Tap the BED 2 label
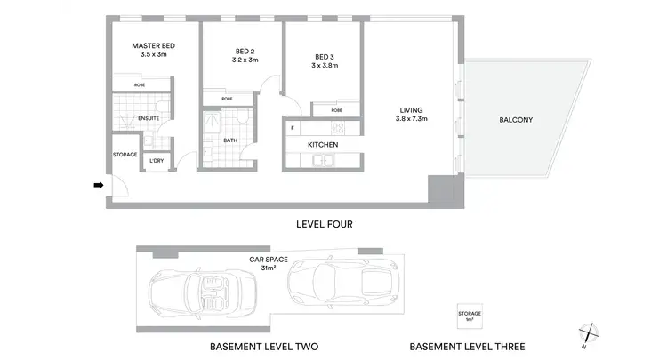pyautogui.click(x=245, y=52)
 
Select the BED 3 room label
pyautogui.click(x=325, y=52)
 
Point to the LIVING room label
pyautogui.click(x=412, y=112)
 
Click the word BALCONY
pyautogui.click(x=516, y=120)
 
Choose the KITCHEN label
pyautogui.click(x=323, y=144)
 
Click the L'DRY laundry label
pyautogui.click(x=157, y=160)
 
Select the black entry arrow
pyautogui.click(x=98, y=185)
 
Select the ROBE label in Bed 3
pyautogui.click(x=336, y=110)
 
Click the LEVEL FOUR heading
pyautogui.click(x=324, y=224)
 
